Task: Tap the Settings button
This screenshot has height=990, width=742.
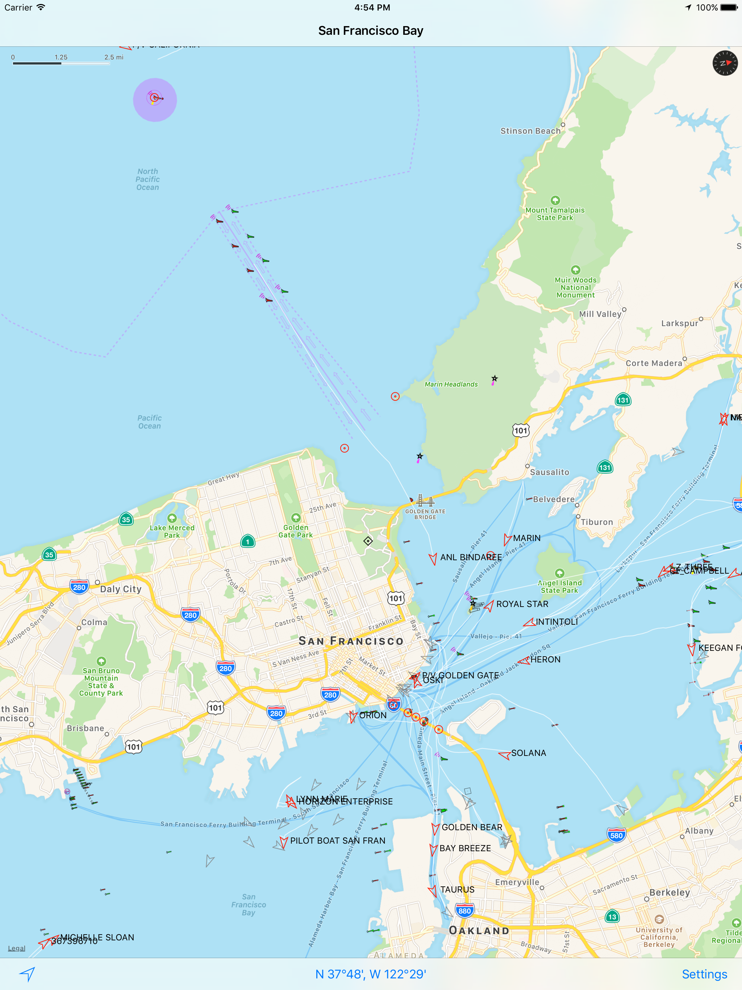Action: point(704,974)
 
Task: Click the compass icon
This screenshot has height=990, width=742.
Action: point(725,63)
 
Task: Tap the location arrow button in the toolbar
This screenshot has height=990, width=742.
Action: point(27,974)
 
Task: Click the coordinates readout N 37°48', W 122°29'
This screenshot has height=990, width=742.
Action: point(371,974)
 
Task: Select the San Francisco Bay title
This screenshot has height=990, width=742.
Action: point(371,30)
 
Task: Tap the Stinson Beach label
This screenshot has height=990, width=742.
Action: point(530,131)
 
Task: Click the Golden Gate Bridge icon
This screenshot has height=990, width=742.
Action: point(425,500)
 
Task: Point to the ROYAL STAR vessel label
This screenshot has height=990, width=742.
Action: point(522,604)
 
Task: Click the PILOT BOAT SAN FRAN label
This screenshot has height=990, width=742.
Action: point(337,840)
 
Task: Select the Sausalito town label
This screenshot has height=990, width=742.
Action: point(549,472)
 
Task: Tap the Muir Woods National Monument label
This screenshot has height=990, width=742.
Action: point(575,287)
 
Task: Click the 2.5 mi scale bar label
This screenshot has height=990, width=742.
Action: point(114,57)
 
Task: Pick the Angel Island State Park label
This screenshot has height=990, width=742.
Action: point(559,586)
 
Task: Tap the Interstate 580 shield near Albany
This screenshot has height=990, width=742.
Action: point(616,835)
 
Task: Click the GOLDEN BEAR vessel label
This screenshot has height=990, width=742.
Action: point(472,827)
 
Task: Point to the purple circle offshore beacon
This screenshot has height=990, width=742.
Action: point(155,99)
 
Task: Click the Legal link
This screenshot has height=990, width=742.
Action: point(17,948)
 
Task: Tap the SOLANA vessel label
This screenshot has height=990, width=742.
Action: point(529,753)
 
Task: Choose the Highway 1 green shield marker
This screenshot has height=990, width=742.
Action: point(247,541)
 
